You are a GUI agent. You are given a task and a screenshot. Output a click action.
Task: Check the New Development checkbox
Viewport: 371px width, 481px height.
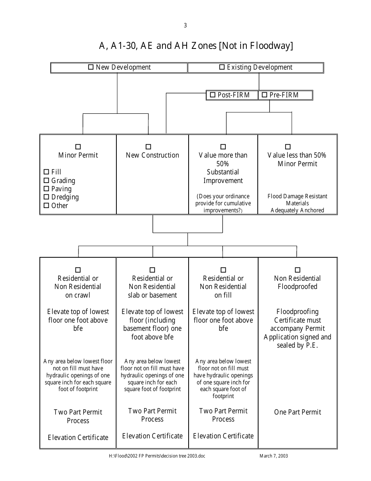point(91,67)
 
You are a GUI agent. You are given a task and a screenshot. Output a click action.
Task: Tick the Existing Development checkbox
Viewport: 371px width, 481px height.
point(222,67)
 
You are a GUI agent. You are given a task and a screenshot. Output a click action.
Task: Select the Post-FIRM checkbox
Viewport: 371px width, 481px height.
point(212,95)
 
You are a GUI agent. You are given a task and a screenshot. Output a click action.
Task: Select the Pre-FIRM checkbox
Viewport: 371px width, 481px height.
point(264,95)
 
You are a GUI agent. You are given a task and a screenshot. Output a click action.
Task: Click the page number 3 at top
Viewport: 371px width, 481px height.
point(185,25)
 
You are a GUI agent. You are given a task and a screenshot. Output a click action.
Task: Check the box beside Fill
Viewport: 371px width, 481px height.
point(46,172)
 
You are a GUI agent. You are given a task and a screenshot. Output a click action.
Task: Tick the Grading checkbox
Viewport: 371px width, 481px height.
point(46,180)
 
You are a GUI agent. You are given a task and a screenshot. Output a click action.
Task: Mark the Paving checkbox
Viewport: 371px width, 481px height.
point(46,188)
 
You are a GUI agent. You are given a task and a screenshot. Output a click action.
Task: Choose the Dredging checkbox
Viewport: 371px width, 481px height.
point(46,197)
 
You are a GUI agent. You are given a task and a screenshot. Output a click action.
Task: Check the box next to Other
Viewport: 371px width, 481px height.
point(46,205)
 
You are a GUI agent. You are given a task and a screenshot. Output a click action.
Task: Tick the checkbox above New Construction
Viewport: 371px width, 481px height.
point(148,147)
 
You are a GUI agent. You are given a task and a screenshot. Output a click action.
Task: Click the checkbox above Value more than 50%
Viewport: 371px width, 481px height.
point(223,147)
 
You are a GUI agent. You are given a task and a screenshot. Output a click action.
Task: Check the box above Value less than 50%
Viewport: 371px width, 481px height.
point(288,147)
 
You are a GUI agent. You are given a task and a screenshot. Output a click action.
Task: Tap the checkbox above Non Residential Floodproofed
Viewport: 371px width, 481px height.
point(298,270)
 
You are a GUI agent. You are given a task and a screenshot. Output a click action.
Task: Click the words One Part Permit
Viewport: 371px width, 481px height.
point(298,412)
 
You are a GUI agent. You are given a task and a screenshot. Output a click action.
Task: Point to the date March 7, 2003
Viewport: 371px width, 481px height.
point(274,456)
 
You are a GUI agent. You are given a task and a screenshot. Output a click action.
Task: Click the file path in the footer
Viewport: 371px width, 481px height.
point(157,456)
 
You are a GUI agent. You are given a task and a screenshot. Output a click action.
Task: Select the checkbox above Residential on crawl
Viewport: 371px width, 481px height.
point(78,270)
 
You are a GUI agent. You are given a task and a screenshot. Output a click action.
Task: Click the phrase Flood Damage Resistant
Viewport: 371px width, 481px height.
point(298,196)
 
